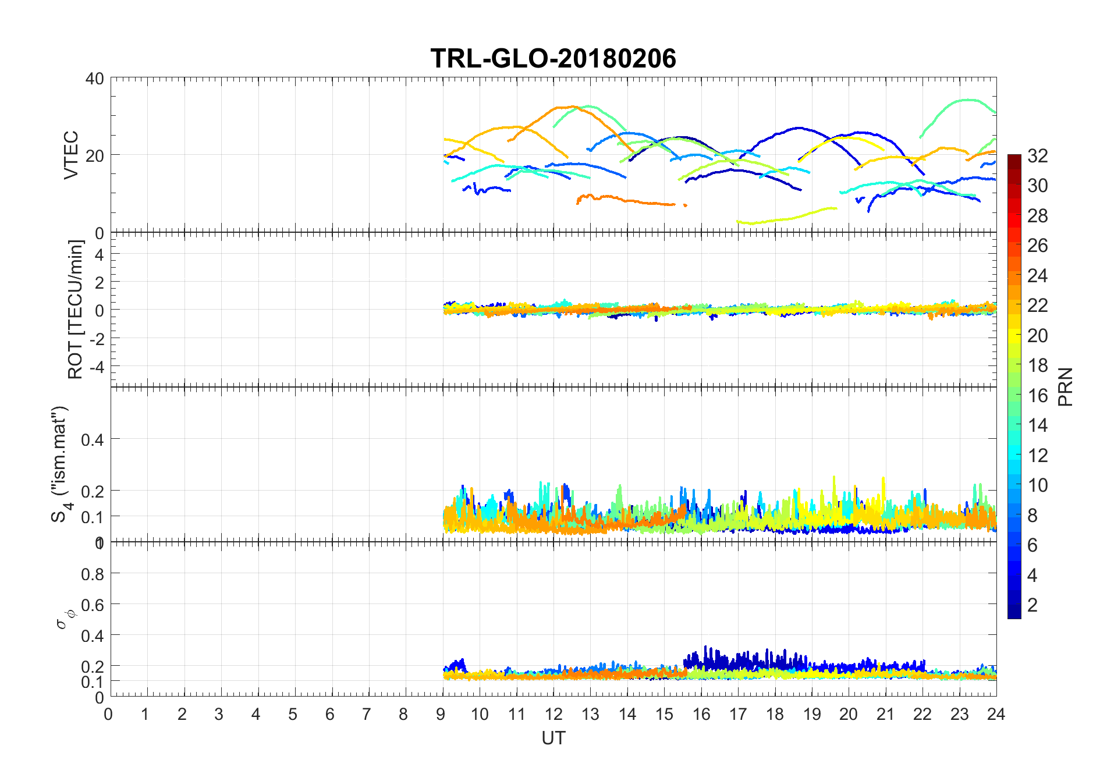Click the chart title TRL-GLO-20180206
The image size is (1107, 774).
553,59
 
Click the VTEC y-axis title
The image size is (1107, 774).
70,155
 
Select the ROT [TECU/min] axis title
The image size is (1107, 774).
75,310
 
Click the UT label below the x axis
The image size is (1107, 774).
553,738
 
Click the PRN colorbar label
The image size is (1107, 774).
1065,387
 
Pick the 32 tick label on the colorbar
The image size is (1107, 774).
1037,156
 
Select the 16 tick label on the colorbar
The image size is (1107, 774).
1037,396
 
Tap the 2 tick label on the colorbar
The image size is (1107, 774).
1033,605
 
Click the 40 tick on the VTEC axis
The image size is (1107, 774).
94,79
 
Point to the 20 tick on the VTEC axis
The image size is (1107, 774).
94,155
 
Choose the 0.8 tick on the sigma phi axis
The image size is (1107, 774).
93,574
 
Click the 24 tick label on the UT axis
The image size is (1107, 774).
996,715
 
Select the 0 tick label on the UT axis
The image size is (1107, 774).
109,715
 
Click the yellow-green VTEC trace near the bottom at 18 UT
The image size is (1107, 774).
775,220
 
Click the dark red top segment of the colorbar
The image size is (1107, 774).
1014,159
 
